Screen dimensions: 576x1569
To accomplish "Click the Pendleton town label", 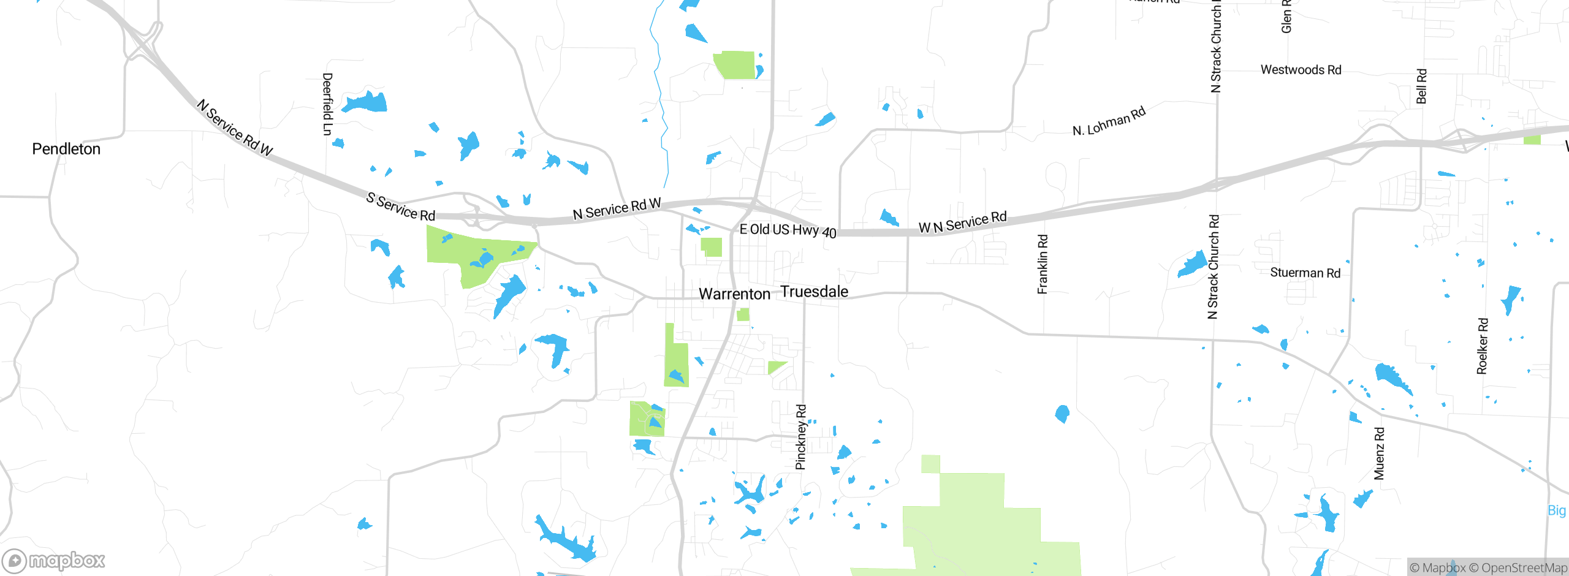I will (x=66, y=149).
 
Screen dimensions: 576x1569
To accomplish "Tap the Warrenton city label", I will (x=734, y=294).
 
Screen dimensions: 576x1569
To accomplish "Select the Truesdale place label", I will (x=814, y=292).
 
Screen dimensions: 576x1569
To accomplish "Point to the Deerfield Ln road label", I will (x=327, y=104).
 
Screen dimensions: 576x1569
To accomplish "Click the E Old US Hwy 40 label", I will (x=788, y=230).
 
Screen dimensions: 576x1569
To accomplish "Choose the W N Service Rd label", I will (x=962, y=222).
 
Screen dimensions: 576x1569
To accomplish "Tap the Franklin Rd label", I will (x=1043, y=264).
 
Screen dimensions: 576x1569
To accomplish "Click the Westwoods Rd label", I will (x=1301, y=70).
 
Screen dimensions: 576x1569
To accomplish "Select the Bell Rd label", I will (x=1421, y=86).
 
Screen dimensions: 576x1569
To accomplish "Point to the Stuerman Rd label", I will (x=1305, y=273).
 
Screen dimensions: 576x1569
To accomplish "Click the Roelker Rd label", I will (x=1482, y=346).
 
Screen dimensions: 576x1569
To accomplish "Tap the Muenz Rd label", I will (x=1379, y=453).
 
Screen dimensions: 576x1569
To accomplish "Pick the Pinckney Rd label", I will (x=801, y=437).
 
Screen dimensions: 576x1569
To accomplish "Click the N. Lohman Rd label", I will (x=1109, y=122).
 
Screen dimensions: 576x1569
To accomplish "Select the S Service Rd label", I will (x=400, y=207).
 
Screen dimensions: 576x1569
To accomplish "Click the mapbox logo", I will (x=54, y=560).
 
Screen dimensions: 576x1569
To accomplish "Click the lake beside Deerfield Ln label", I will (x=365, y=102).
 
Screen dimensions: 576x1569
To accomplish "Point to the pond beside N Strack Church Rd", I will (x=1192, y=265).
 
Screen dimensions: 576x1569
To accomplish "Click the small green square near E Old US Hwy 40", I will (x=711, y=247).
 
